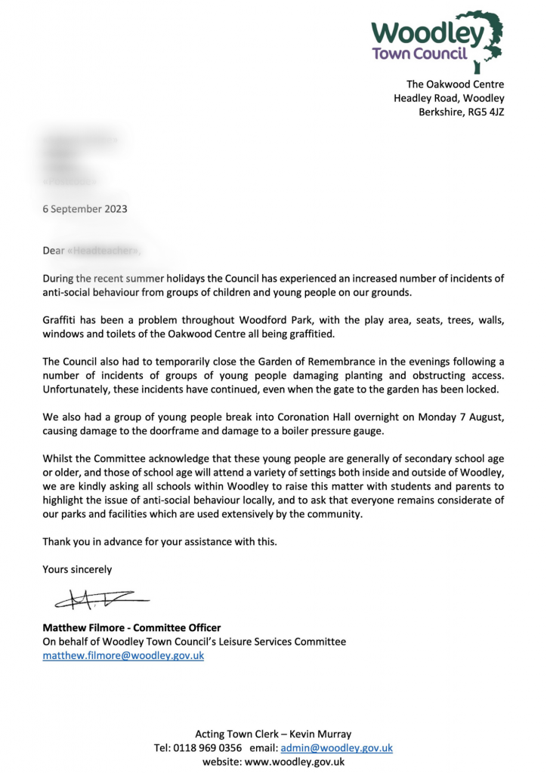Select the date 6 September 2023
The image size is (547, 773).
point(85,209)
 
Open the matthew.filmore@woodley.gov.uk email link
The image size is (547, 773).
point(123,656)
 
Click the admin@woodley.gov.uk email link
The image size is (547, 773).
point(336,747)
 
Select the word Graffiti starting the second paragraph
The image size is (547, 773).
point(60,319)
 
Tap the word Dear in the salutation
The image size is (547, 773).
point(54,250)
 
